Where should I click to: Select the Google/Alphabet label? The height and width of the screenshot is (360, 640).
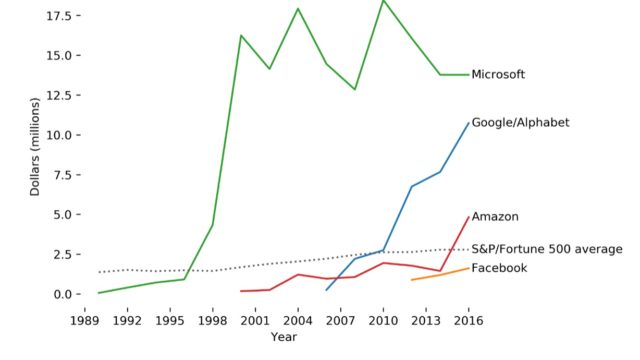click(520, 122)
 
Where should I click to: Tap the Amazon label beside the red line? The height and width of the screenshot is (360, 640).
click(495, 216)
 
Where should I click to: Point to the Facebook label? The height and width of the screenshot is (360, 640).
click(499, 268)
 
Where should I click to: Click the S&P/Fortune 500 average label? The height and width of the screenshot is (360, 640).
click(547, 249)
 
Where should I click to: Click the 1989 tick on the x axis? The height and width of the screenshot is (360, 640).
click(84, 321)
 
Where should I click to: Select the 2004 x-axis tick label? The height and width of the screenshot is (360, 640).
click(298, 321)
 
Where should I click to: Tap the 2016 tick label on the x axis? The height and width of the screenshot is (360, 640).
click(469, 321)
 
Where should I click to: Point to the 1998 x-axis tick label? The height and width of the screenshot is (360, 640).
click(212, 321)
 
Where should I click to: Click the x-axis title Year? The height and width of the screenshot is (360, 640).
click(283, 337)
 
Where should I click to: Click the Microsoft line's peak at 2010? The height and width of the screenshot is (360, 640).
click(383, 1)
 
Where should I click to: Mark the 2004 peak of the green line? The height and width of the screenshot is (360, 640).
click(298, 9)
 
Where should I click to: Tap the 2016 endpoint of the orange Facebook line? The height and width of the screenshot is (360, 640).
click(469, 267)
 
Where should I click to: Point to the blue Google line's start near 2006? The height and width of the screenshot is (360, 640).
click(326, 290)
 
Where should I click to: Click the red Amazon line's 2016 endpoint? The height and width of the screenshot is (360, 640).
click(469, 217)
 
